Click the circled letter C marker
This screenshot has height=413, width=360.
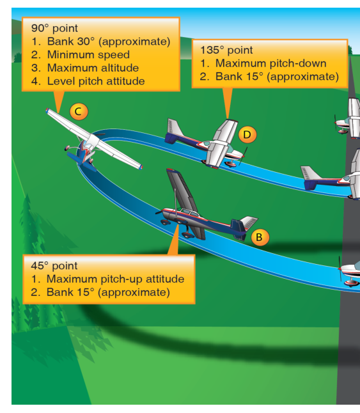pyautogui.click(x=79, y=111)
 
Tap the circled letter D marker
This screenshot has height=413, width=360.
pyautogui.click(x=247, y=135)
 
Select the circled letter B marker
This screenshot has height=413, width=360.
pyautogui.click(x=260, y=237)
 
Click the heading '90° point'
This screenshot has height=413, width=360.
pyautogui.click(x=54, y=28)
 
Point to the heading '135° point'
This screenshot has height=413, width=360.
pyautogui.click(x=226, y=50)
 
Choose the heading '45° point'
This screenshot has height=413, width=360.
pyautogui.click(x=54, y=265)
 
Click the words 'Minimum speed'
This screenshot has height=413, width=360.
pyautogui.click(x=88, y=54)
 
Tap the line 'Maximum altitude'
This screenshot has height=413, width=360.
pyautogui.click(x=93, y=68)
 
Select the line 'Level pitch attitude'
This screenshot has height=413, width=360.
pyautogui.click(x=96, y=81)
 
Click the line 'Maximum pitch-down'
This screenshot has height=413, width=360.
pyautogui.click(x=270, y=63)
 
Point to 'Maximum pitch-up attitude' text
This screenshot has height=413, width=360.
pyautogui.click(x=115, y=279)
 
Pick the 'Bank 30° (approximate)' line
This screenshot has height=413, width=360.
pyautogui.click(x=109, y=42)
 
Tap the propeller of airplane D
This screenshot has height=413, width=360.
pyautogui.click(x=244, y=156)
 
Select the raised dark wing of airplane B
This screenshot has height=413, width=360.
pyautogui.click(x=182, y=189)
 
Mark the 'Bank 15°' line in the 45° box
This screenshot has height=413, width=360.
pyautogui.click(x=108, y=292)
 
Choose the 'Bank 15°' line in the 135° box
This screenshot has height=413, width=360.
pyautogui.click(x=277, y=77)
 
